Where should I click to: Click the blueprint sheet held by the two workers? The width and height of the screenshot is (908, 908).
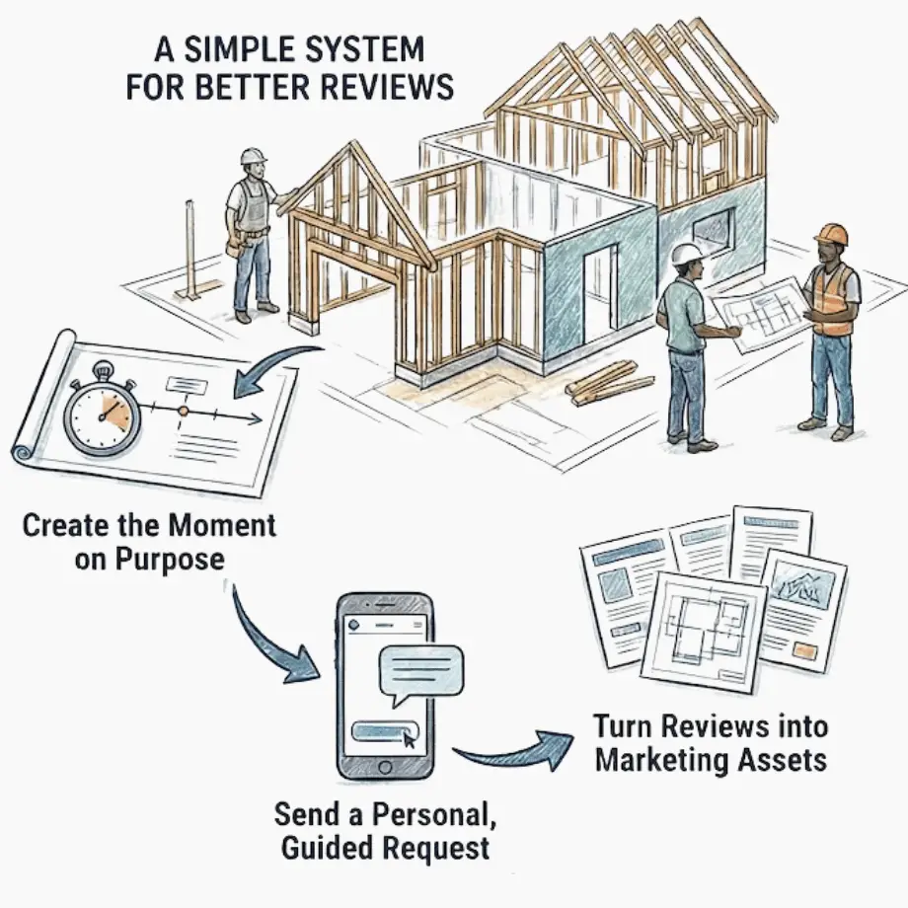(761, 310)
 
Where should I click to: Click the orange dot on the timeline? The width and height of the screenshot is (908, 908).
(183, 409)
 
